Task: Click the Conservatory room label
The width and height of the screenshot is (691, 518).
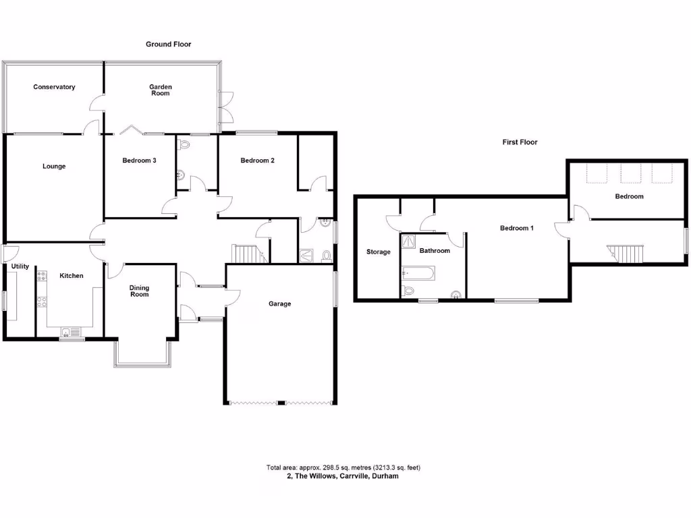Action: click(54, 87)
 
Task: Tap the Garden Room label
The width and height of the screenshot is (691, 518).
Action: click(161, 90)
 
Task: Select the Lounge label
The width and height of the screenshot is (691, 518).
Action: click(54, 166)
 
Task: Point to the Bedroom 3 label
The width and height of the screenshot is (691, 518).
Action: click(140, 161)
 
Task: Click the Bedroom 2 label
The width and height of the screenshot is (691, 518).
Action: click(257, 161)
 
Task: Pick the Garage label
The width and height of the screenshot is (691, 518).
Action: click(280, 304)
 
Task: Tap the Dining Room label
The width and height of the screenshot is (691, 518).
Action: click(140, 291)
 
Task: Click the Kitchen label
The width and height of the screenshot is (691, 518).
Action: click(72, 276)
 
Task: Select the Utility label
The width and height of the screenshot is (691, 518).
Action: click(19, 266)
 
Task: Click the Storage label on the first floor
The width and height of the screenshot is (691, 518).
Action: click(378, 252)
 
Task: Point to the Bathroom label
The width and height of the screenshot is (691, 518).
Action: click(435, 251)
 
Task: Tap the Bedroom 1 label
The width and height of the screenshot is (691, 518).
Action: click(517, 228)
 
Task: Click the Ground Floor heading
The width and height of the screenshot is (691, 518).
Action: click(169, 45)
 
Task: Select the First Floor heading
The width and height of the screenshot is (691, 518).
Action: click(520, 142)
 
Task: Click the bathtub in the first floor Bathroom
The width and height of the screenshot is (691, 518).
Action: click(419, 273)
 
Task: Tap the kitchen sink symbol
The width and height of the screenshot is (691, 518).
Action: click(70, 331)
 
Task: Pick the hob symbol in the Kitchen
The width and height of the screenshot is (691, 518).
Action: click(42, 277)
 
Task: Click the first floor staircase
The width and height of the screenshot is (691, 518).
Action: click(628, 254)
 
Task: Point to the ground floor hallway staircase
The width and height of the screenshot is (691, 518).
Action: click(247, 254)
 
